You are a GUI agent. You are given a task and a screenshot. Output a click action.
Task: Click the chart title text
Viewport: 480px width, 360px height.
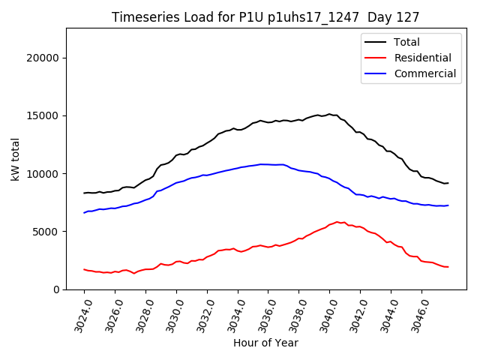click(265, 16)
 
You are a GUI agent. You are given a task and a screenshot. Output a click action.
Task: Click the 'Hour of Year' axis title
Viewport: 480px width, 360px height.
click(265, 343)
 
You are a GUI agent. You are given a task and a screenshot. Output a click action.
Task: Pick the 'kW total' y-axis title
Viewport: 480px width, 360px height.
click(15, 158)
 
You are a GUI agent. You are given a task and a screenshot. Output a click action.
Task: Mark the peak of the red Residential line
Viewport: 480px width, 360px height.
click(337, 222)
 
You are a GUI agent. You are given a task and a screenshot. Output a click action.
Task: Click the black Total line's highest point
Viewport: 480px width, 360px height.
click(329, 114)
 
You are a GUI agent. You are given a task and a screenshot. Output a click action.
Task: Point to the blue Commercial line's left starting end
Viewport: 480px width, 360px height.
click(84, 212)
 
